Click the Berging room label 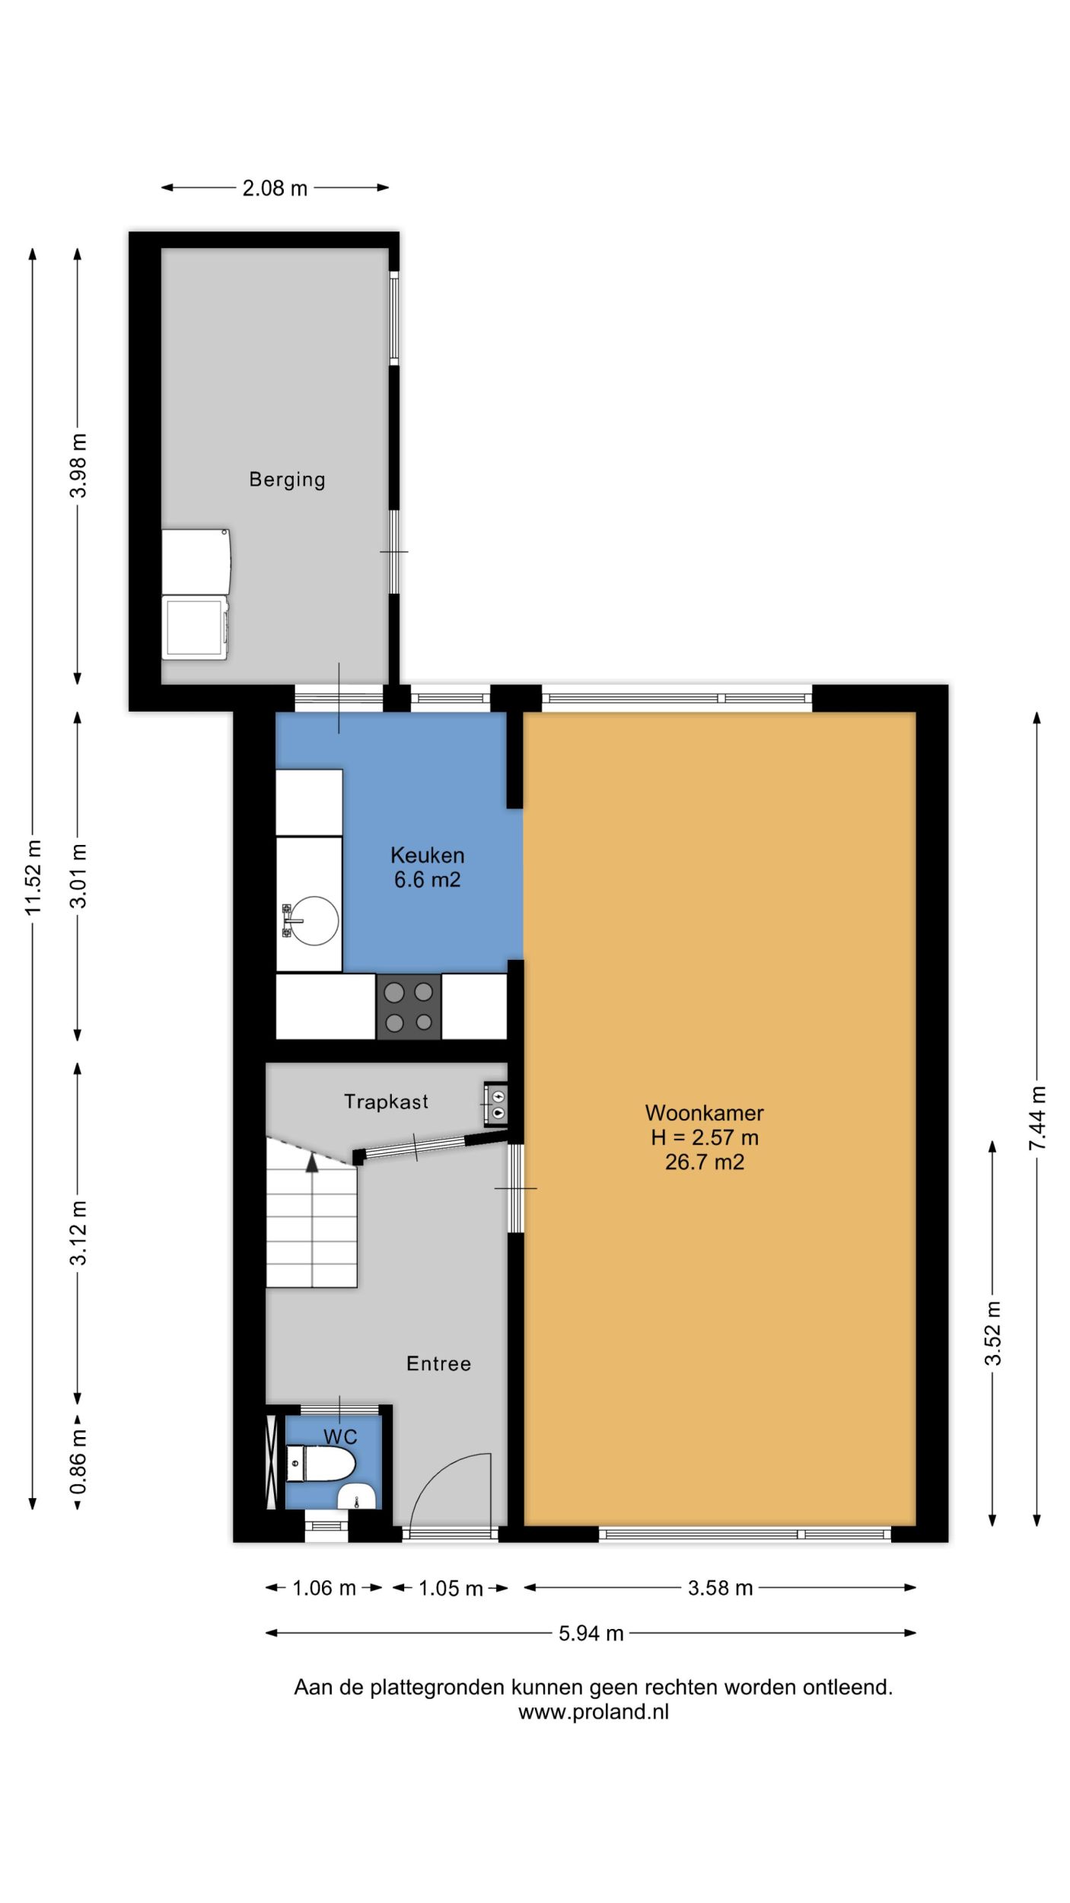point(287,480)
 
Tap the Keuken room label point(427,855)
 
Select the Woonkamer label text point(705,1113)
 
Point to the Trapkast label point(386,1101)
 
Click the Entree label point(438,1363)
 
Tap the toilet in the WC point(320,1464)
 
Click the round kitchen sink point(315,920)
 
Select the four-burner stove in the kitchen point(409,1006)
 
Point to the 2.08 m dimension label point(275,188)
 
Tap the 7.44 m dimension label point(1037,1118)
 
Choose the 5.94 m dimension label point(591,1633)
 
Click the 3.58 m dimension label point(720,1588)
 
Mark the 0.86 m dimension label point(78,1462)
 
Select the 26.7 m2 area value point(705,1162)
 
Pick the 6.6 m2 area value point(427,880)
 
